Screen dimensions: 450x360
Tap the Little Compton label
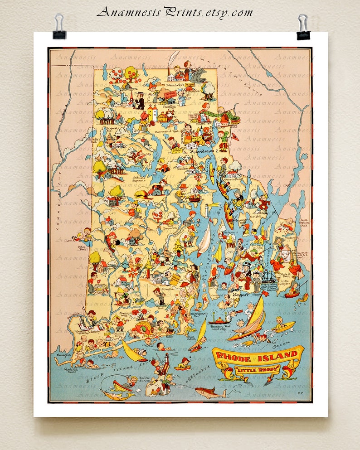(x=284, y=282)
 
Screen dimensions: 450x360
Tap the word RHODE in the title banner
(x=238, y=356)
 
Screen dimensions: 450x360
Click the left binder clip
(x=59, y=27)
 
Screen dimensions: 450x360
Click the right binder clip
(x=303, y=27)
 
